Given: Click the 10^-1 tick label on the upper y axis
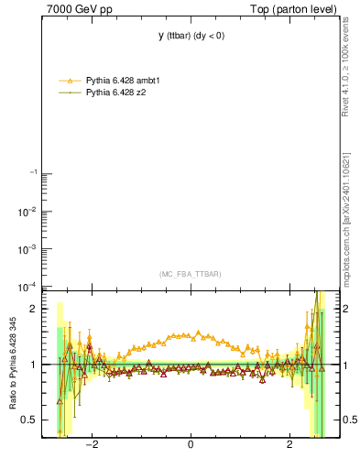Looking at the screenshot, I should pyautogui.click(x=31, y=173).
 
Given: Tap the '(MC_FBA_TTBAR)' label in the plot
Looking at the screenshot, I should pyautogui.click(x=190, y=274).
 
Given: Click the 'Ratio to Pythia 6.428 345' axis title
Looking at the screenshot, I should pyautogui.click(x=13, y=365).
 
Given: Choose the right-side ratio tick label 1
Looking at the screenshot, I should pyautogui.click(x=343, y=365).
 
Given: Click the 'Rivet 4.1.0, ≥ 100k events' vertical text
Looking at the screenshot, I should pyautogui.click(x=345, y=66).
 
